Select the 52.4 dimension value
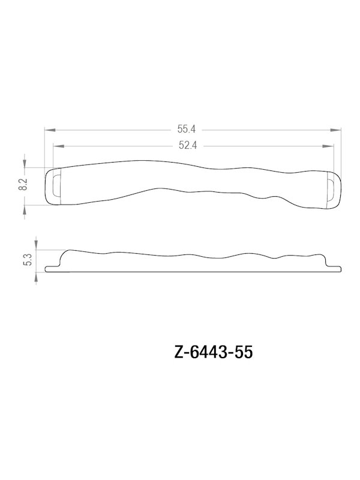coord(188,145)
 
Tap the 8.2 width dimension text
coord(23,185)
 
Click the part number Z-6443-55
coord(212,352)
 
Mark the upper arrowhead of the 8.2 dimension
coord(25,164)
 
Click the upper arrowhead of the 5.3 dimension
coord(37,246)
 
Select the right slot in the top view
coord(331,188)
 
